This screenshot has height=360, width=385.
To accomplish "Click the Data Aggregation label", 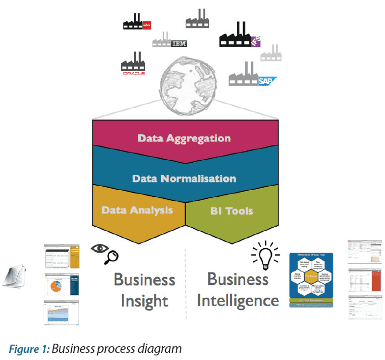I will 184,139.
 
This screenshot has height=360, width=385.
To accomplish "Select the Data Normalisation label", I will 184,179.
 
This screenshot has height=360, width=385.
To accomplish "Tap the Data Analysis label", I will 137,210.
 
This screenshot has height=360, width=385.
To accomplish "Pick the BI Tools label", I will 231,211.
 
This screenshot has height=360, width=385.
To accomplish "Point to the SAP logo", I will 266,81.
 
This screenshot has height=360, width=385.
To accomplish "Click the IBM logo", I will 179,44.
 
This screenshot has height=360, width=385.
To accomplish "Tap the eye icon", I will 98,249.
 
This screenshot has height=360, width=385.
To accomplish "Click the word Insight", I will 144,301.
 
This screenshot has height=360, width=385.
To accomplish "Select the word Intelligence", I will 238,301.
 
